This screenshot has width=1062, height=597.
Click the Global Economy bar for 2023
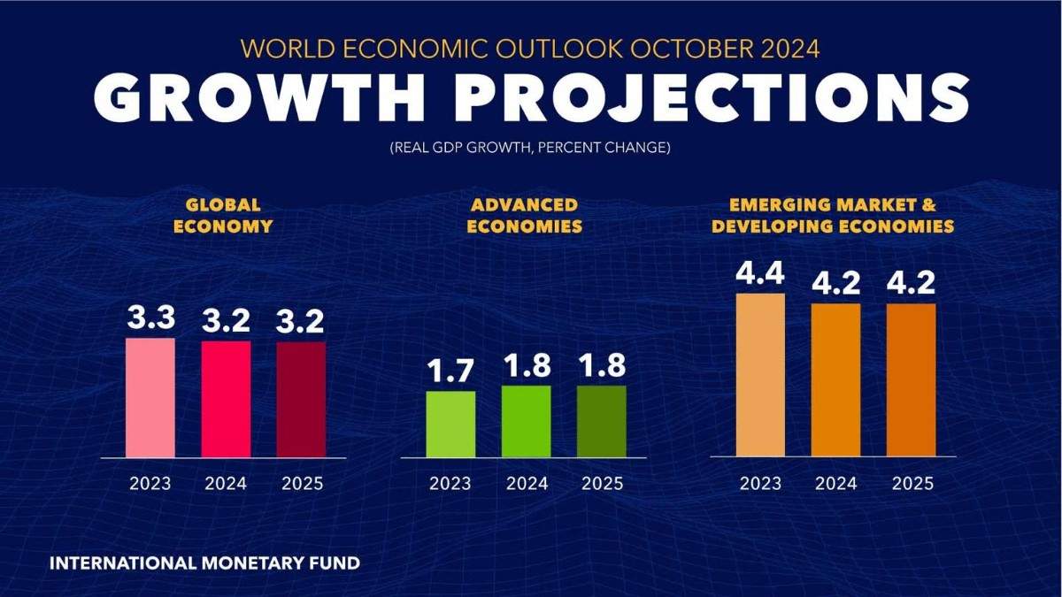(x=150, y=397)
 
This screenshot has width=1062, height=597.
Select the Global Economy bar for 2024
(x=226, y=399)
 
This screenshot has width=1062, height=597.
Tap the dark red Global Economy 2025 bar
(x=301, y=399)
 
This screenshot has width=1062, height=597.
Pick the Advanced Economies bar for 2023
(x=450, y=424)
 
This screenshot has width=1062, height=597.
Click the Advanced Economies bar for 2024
(x=526, y=421)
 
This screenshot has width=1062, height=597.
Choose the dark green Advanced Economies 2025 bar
(x=601, y=421)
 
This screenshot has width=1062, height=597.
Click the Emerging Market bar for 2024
(x=835, y=379)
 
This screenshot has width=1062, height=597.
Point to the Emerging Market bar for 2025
(x=911, y=379)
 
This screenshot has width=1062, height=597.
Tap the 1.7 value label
(x=450, y=372)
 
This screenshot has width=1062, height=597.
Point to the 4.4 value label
(x=760, y=275)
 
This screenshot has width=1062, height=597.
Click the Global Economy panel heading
(x=222, y=215)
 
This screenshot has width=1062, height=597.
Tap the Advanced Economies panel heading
(x=525, y=215)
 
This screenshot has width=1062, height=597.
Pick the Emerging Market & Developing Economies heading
(x=833, y=215)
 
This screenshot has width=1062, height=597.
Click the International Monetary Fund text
(x=204, y=563)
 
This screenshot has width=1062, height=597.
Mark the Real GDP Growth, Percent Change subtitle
(x=530, y=148)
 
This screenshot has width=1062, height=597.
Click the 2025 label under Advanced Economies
(x=602, y=484)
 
